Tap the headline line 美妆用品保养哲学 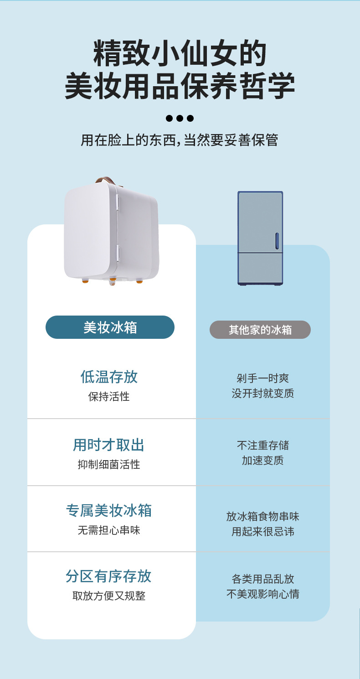(180, 86)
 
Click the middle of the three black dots (180, 119)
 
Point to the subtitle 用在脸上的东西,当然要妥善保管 (180, 140)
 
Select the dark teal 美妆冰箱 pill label (110, 327)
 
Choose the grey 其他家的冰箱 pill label (260, 330)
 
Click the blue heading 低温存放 (109, 377)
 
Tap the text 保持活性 (109, 397)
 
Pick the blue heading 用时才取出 (109, 445)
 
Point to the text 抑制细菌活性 (109, 465)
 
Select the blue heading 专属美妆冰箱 (109, 511)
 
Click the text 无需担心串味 (109, 530)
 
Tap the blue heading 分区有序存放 (109, 576)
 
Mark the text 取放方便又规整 (109, 596)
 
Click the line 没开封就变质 (263, 394)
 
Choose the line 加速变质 (263, 461)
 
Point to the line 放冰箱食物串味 (263, 517)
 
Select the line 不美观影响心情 (263, 594)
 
